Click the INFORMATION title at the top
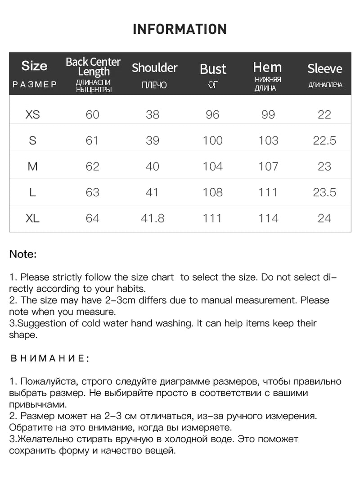pos(180,30)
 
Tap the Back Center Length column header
pos(93,66)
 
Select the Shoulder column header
pos(154,68)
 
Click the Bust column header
pos(213,69)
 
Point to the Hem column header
pos(267,68)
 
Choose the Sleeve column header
pos(324,69)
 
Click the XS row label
pos(32,115)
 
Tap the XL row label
pos(32,219)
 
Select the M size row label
pos(32,167)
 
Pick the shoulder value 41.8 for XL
pos(153,219)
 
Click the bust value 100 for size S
pos(212,141)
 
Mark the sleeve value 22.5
pos(324,141)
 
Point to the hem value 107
pos(268,167)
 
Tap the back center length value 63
pos(92,193)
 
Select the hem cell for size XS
pos(268,115)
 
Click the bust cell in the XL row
pos(212,219)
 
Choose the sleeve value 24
pos(324,219)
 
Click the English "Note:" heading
pos(23,254)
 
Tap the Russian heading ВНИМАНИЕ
pos(49,359)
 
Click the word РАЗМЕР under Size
pos(34,85)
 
